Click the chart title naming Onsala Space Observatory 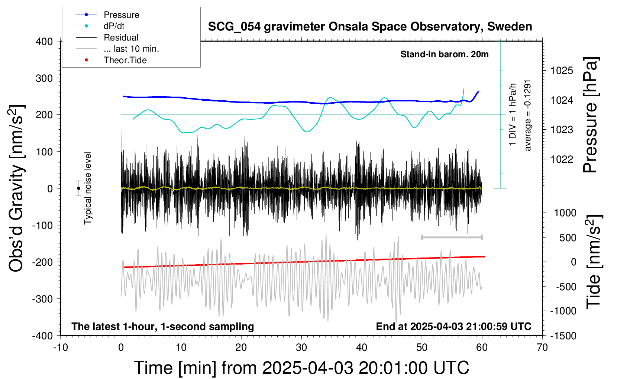pos(370,27)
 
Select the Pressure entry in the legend pos(121,15)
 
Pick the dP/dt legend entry pos(114,26)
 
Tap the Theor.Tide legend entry pos(125,60)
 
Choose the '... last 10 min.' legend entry pos(131,49)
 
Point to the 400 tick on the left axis pos(44,42)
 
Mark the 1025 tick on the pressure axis pos(562,71)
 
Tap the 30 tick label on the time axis pos(301,348)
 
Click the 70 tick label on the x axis pos(542,348)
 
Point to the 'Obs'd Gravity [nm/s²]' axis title pos(17,188)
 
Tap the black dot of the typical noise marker pos(78,188)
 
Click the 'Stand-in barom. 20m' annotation pos(444,55)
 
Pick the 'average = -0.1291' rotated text pos(528,115)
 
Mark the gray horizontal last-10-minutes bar pos(452,237)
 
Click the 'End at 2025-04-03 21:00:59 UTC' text pos(453,327)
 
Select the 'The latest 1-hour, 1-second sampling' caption pos(163,327)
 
